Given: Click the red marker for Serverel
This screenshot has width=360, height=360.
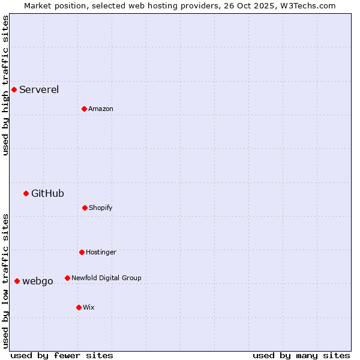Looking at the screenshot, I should click(14, 90).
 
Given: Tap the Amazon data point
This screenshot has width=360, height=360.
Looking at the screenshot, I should click(84, 109).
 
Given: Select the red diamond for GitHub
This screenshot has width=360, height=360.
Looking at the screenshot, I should click(26, 193).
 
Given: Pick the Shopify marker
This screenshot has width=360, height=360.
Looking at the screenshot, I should click(85, 208).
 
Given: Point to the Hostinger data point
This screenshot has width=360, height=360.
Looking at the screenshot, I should click(82, 252).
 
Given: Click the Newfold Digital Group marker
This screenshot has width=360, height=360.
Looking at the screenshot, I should click(67, 278).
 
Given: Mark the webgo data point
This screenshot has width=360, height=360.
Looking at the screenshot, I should click(17, 281).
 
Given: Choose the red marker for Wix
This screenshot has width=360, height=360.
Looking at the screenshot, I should click(79, 307).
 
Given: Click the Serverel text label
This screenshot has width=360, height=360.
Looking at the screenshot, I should click(39, 90).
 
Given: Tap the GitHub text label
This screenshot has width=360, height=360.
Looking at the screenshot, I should click(47, 193).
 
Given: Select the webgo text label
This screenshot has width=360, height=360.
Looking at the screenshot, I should click(38, 281).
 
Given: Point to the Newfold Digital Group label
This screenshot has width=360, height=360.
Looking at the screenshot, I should click(106, 278).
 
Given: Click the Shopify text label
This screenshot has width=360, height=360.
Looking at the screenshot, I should click(100, 208).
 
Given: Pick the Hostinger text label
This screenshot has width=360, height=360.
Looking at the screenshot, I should click(101, 252).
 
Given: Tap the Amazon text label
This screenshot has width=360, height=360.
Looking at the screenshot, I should click(100, 109).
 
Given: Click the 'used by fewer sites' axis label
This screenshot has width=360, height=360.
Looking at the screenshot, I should click(62, 355).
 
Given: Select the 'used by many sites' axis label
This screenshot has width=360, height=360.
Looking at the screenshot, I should click(301, 355).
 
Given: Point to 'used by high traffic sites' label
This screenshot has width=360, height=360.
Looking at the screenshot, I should click(5, 85).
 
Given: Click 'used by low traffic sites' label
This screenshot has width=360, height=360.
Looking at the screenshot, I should click(5, 281).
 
